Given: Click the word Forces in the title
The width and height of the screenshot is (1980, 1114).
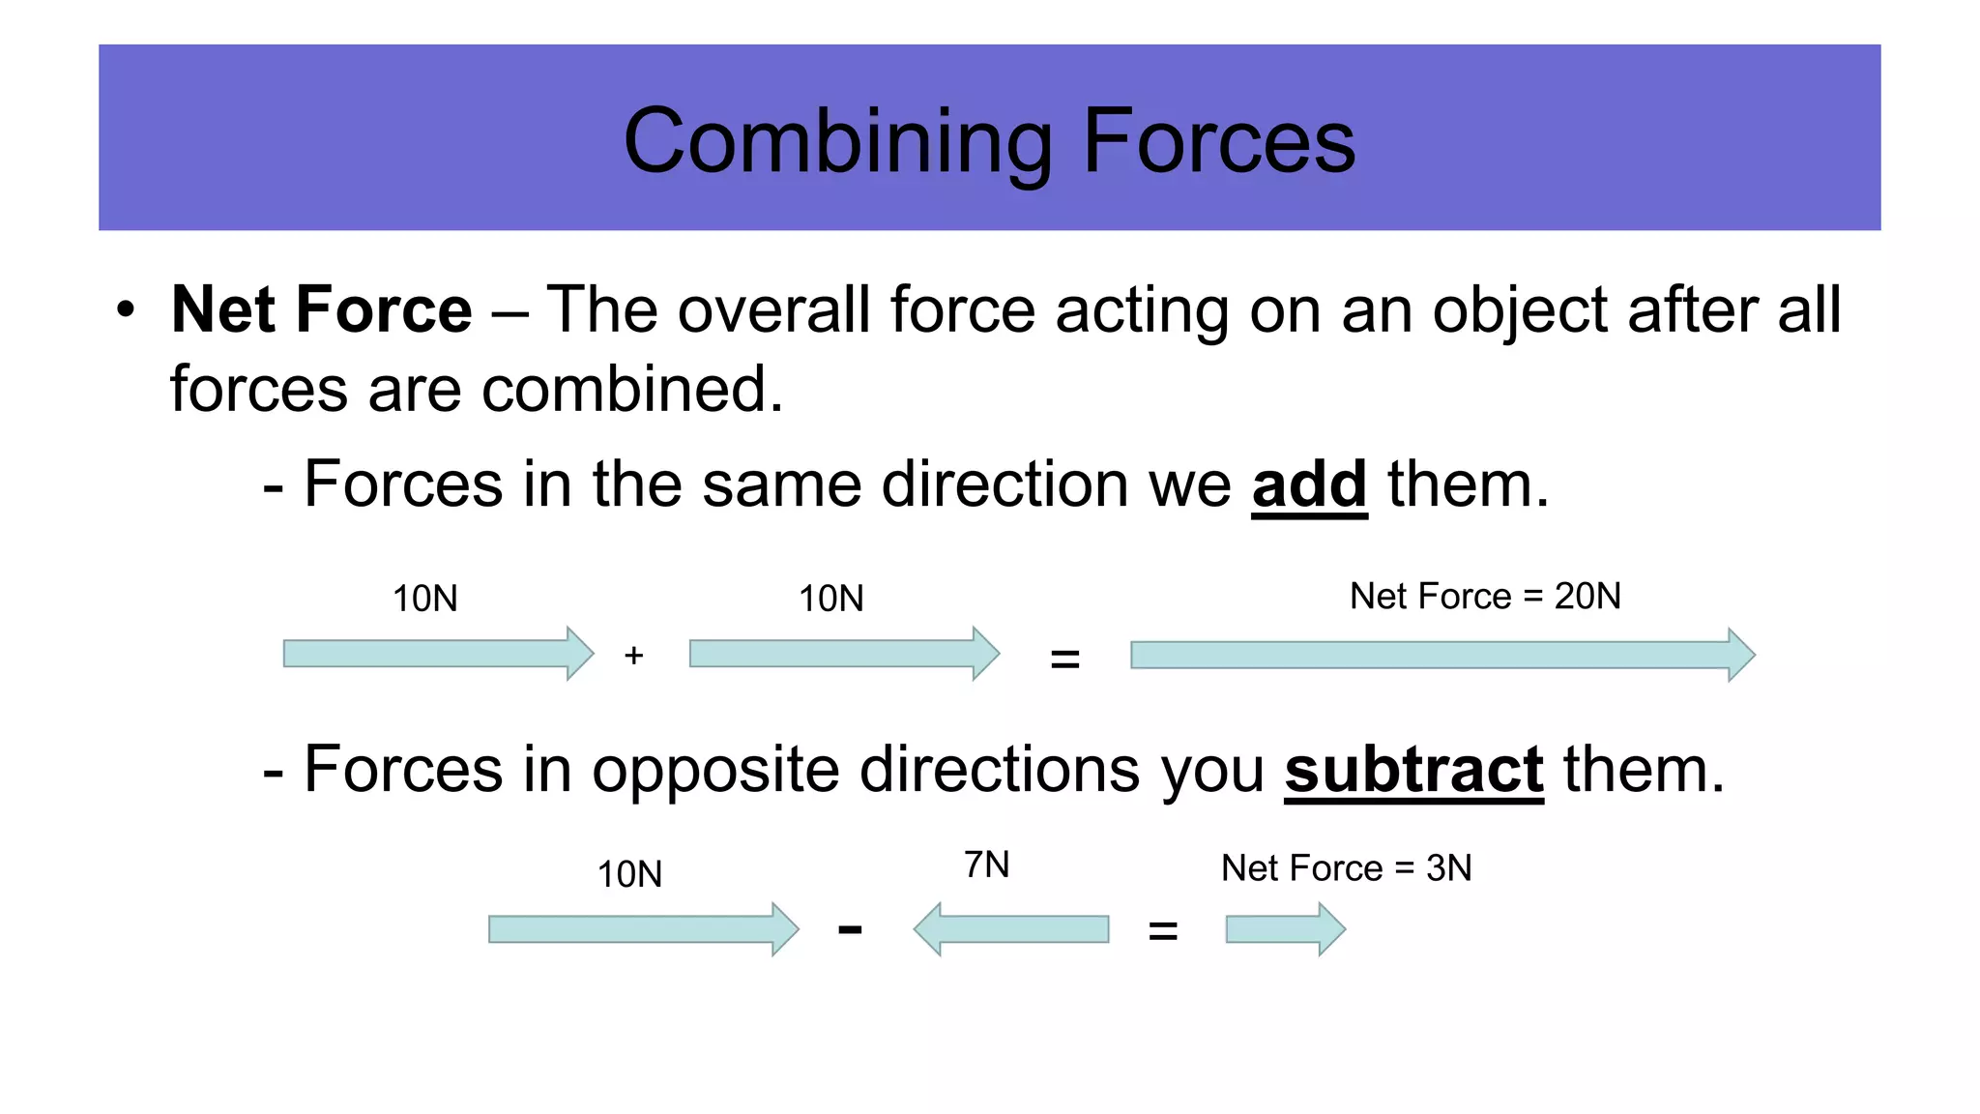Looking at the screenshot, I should click(x=1219, y=142).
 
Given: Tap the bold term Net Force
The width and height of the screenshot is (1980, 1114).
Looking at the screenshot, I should click(x=321, y=309).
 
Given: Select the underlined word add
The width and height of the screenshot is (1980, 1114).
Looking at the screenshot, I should click(x=1309, y=484).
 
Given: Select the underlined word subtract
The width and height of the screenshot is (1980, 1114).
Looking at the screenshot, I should click(x=1413, y=771).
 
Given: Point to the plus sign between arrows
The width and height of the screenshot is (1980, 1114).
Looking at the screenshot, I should click(x=633, y=656).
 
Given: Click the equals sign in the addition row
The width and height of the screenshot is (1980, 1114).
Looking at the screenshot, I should click(x=1064, y=660).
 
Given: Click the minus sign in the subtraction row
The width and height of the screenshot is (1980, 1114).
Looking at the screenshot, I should click(x=850, y=929).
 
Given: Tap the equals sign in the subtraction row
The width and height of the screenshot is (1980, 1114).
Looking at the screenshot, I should click(x=1162, y=931).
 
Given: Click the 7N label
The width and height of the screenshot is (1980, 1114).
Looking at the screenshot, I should click(x=986, y=865).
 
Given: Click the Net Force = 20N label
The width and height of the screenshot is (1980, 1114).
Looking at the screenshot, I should click(x=1485, y=597).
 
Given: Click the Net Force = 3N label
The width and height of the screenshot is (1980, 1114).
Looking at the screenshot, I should click(x=1346, y=868).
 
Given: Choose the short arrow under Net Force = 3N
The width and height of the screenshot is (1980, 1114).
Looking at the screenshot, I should click(x=1285, y=929).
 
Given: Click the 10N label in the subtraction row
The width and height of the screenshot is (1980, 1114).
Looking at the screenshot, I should click(x=629, y=874).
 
